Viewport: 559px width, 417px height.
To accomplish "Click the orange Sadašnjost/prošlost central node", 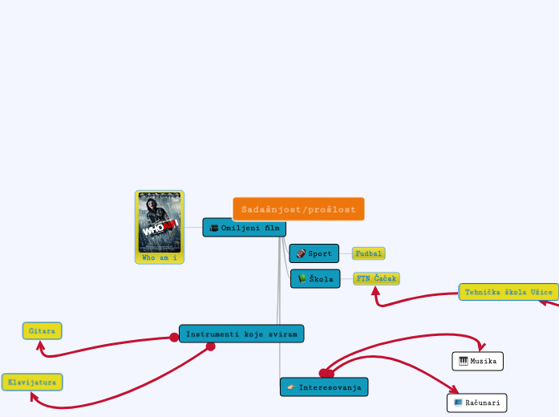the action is click(298, 208).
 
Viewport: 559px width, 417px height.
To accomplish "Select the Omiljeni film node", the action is click(245, 228).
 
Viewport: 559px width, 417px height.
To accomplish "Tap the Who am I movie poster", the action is click(160, 222).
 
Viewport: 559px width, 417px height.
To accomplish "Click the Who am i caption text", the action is click(160, 258).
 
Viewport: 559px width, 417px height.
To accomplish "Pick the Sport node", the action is click(314, 253).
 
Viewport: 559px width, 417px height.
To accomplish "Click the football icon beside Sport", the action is click(301, 253).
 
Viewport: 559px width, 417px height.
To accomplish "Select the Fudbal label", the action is click(368, 253).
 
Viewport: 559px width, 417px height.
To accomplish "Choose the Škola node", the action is click(315, 279).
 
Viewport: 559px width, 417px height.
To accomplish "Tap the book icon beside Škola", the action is click(302, 279).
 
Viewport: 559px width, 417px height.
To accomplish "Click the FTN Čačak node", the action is click(376, 278).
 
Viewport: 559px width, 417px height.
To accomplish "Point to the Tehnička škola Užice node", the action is click(508, 292).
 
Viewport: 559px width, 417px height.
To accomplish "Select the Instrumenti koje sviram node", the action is click(241, 334).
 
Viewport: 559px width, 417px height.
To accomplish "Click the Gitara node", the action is click(42, 330).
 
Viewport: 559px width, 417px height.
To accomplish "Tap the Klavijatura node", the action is click(32, 383).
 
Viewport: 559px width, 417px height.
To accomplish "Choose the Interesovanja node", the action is click(324, 387).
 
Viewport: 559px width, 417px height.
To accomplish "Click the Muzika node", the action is click(478, 362).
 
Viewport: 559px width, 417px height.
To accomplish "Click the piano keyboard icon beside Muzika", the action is click(464, 362).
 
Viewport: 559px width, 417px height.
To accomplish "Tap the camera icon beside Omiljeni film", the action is click(214, 228).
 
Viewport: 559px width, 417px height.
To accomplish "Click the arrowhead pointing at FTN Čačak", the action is click(375, 291).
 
